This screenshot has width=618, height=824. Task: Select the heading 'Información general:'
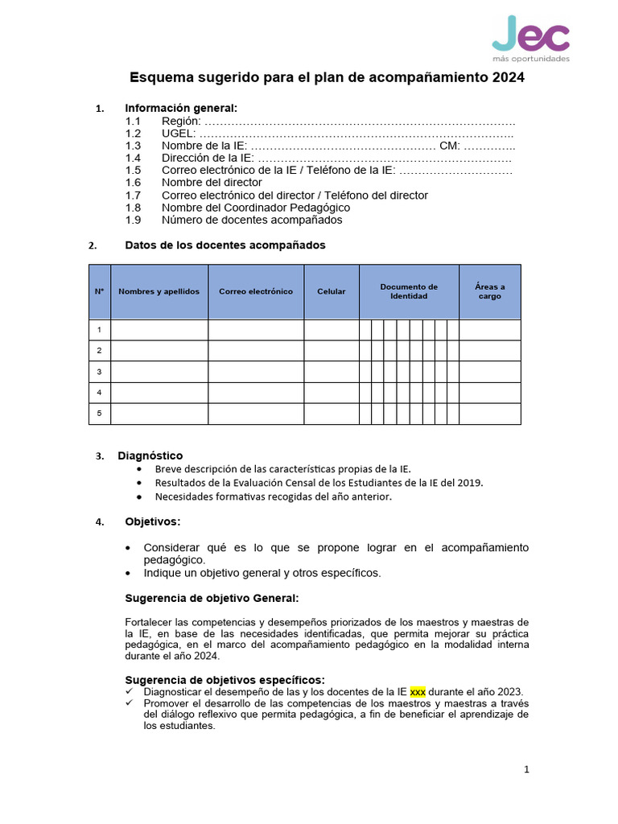click(181, 108)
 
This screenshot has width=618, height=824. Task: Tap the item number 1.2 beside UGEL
click(133, 133)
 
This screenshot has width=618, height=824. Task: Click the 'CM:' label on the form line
click(449, 146)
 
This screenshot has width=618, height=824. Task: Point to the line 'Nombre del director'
click(212, 183)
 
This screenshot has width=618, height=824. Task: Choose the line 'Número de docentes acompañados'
click(251, 220)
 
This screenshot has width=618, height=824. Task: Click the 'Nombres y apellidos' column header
click(159, 291)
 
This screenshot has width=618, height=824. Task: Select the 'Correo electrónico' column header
click(256, 291)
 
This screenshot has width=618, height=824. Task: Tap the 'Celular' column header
click(331, 291)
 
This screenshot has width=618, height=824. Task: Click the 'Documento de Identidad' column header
click(409, 291)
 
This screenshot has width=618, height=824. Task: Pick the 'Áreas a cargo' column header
click(489, 291)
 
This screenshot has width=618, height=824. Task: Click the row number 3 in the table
click(99, 372)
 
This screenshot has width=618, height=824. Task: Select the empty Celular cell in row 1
click(331, 330)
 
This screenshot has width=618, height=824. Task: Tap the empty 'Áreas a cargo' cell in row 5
click(489, 414)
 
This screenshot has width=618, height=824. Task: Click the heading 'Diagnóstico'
click(150, 455)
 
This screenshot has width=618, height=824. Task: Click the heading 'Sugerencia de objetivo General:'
click(212, 598)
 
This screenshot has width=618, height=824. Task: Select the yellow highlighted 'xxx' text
click(418, 691)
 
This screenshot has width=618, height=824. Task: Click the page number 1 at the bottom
click(526, 769)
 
